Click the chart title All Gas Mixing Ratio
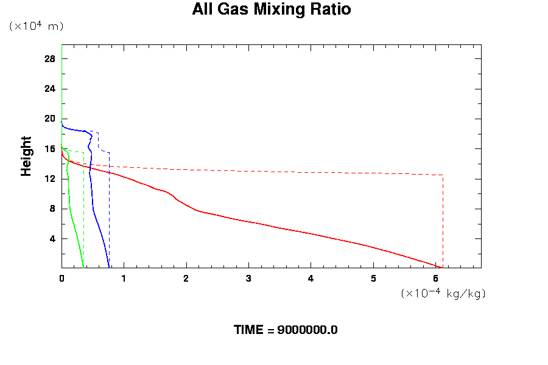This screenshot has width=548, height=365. point(272,10)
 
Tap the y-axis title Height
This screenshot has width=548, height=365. point(26,156)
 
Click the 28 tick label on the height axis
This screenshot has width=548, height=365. point(50,59)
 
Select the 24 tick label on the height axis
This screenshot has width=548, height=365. point(50,89)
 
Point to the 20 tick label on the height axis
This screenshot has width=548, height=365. point(50,119)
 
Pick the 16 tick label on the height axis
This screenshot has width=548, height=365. point(50,149)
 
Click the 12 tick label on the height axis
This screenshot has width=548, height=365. point(50,179)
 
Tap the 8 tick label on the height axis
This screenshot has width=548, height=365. point(52,209)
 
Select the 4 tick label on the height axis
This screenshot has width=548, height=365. point(52,238)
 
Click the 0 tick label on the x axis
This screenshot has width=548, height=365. point(61,279)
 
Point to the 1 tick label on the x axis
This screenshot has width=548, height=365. point(124,279)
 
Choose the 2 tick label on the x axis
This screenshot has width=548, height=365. point(186,279)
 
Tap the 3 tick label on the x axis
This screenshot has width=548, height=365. point(248,279)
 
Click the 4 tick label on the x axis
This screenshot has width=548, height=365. point(311,279)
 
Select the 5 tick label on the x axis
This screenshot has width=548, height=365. point(373,279)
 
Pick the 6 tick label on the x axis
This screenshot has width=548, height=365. point(435,279)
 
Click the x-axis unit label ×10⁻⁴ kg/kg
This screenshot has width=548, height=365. point(443,293)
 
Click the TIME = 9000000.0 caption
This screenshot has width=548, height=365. point(286,330)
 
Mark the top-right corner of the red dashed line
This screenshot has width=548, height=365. point(443,175)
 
